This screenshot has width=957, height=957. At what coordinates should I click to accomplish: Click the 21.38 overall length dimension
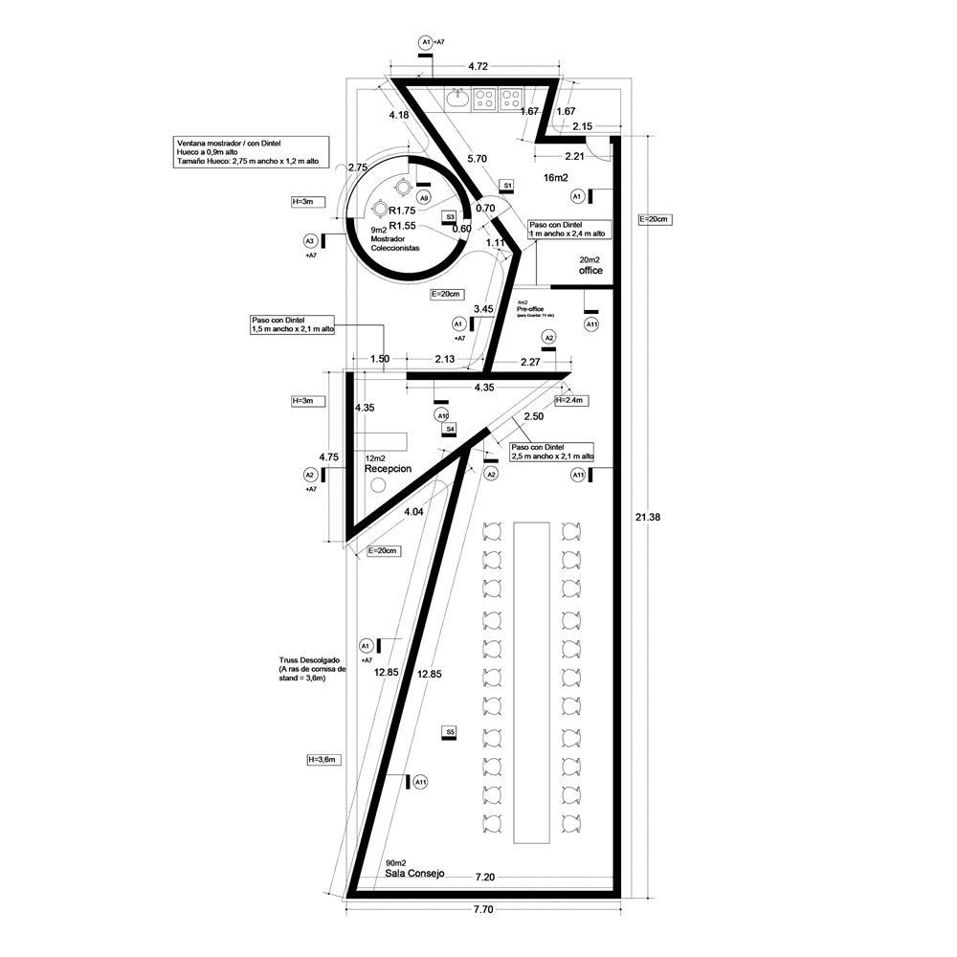pos(647,518)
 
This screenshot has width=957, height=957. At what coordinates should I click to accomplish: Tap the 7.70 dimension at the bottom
pos(483,910)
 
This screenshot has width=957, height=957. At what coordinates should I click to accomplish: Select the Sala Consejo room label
pos(414,874)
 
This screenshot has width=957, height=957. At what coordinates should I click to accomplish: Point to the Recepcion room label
pos(388,470)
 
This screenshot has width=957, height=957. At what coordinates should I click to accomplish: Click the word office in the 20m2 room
pos(590,271)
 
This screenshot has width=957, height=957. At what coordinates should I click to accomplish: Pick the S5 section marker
pos(449,732)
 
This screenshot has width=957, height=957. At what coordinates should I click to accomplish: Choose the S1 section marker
pos(508,185)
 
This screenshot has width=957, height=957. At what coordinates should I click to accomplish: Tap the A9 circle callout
pos(423,197)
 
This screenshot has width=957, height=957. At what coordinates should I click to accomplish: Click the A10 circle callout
pos(442,415)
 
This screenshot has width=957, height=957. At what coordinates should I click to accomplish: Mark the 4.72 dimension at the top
pos(478,67)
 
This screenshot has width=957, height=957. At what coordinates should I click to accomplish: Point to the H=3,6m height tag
pos(322,759)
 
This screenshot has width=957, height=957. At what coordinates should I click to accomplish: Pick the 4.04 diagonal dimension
pos(413,513)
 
